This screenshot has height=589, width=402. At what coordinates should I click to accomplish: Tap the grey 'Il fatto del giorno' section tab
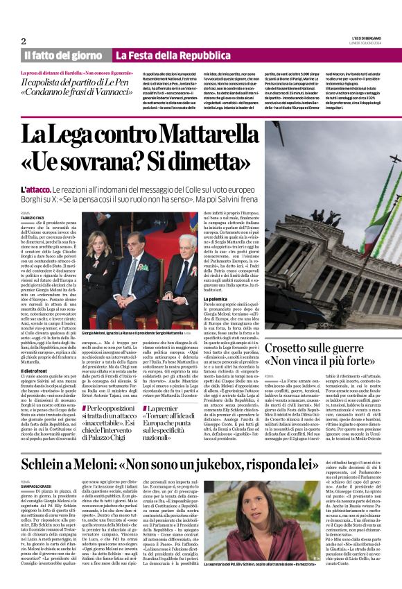64,56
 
